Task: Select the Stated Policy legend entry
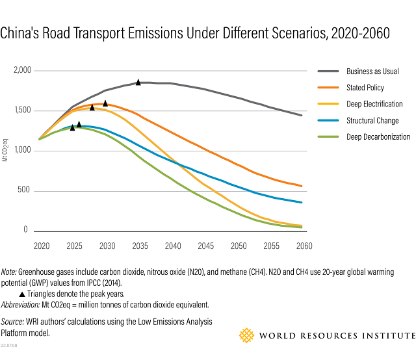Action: tap(365, 88)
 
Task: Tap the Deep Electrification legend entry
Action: tap(374, 104)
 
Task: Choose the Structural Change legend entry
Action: tap(372, 120)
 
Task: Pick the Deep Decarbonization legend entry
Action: tap(378, 136)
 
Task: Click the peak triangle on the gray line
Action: tap(138, 83)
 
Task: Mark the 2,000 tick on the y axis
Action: tap(23, 70)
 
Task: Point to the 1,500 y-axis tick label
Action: tap(23, 110)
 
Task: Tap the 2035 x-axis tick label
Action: tap(140, 246)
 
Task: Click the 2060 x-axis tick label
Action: tap(304, 246)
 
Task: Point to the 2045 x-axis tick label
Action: tap(206, 246)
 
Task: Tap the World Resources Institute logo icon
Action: tap(246, 335)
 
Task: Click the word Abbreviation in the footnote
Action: tap(20, 304)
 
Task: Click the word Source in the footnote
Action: tap(12, 322)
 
